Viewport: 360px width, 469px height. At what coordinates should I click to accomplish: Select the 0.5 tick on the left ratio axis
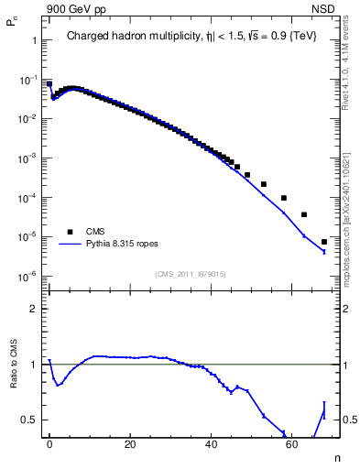click(29, 420)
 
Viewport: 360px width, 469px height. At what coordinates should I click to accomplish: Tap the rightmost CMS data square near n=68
click(324, 242)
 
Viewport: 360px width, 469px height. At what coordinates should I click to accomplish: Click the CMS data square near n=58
click(284, 198)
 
